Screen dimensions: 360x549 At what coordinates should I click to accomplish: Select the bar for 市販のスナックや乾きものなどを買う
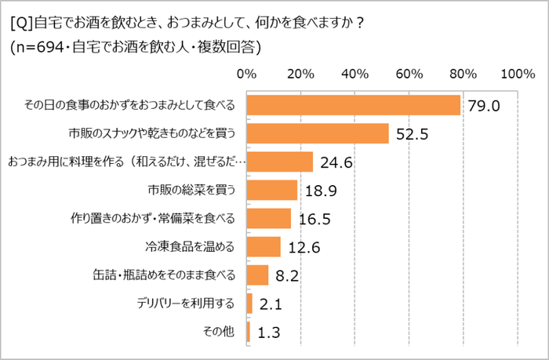[x=318, y=133]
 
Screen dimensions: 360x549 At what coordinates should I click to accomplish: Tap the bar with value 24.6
[x=280, y=162]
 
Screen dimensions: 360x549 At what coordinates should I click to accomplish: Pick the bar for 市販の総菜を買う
[x=272, y=190]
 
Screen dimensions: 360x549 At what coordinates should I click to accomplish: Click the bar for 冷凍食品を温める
[x=264, y=246]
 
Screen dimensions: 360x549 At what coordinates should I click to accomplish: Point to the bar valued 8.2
[x=258, y=275]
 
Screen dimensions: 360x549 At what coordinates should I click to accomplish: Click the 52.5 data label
[x=411, y=134]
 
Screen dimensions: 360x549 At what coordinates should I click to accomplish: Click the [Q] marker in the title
[x=23, y=21]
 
